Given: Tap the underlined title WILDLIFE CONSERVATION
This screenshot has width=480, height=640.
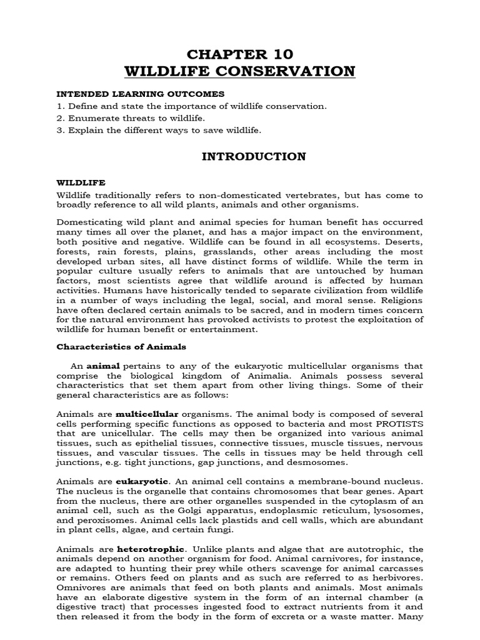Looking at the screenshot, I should click(x=240, y=71).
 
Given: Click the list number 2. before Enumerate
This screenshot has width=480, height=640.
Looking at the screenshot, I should click(x=61, y=118).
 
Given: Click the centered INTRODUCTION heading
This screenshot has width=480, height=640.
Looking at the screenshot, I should click(x=253, y=157).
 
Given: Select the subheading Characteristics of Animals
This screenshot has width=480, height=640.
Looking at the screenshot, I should click(x=121, y=346).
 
